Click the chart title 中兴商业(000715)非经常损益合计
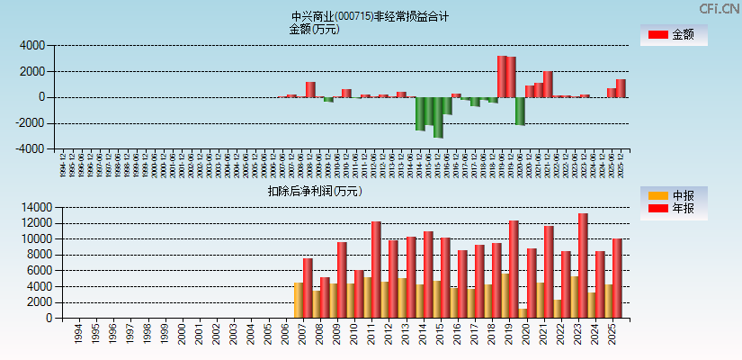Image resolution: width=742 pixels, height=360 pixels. point(370,16)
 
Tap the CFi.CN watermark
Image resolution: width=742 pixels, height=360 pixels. point(719,8)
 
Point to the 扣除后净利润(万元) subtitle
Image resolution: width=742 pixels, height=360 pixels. point(314,191)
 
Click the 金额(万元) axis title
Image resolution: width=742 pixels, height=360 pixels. point(314,29)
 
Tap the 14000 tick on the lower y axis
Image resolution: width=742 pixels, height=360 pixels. point(32,207)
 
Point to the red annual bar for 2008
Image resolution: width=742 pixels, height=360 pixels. point(325,298)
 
